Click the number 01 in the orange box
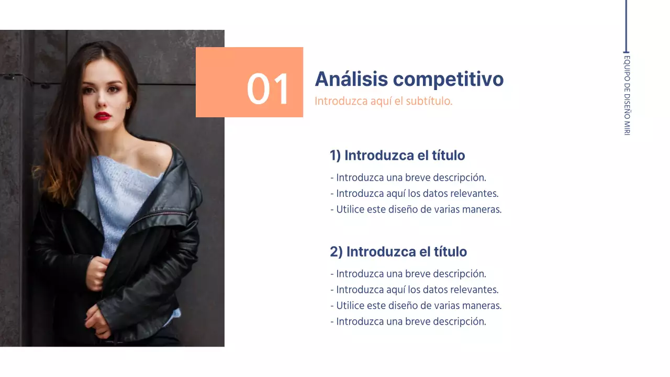pyautogui.click(x=267, y=89)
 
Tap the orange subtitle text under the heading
pyautogui.click(x=383, y=101)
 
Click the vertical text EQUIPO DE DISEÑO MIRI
pyautogui.click(x=627, y=95)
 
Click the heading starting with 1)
pyautogui.click(x=397, y=156)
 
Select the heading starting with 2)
pyautogui.click(x=398, y=252)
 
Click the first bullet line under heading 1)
pyautogui.click(x=408, y=178)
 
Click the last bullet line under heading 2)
pyautogui.click(x=408, y=321)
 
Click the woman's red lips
pyautogui.click(x=103, y=116)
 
